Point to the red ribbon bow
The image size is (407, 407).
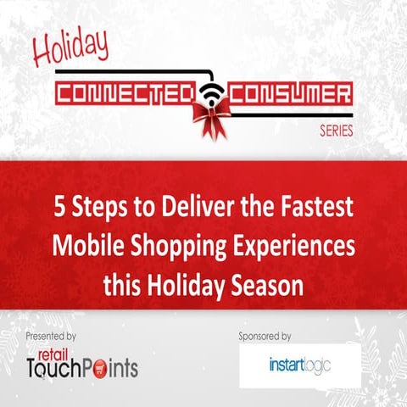208,114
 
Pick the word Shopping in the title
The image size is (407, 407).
176,248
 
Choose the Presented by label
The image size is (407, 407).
51,336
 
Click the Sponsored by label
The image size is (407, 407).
266,336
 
